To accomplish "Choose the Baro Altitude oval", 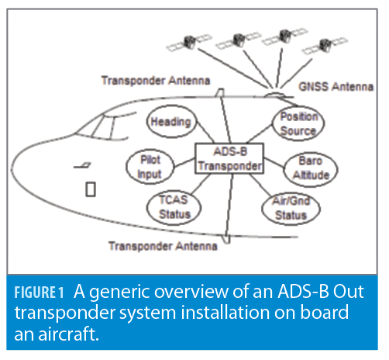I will click(x=312, y=168).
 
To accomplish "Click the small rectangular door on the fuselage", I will click(x=89, y=189).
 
